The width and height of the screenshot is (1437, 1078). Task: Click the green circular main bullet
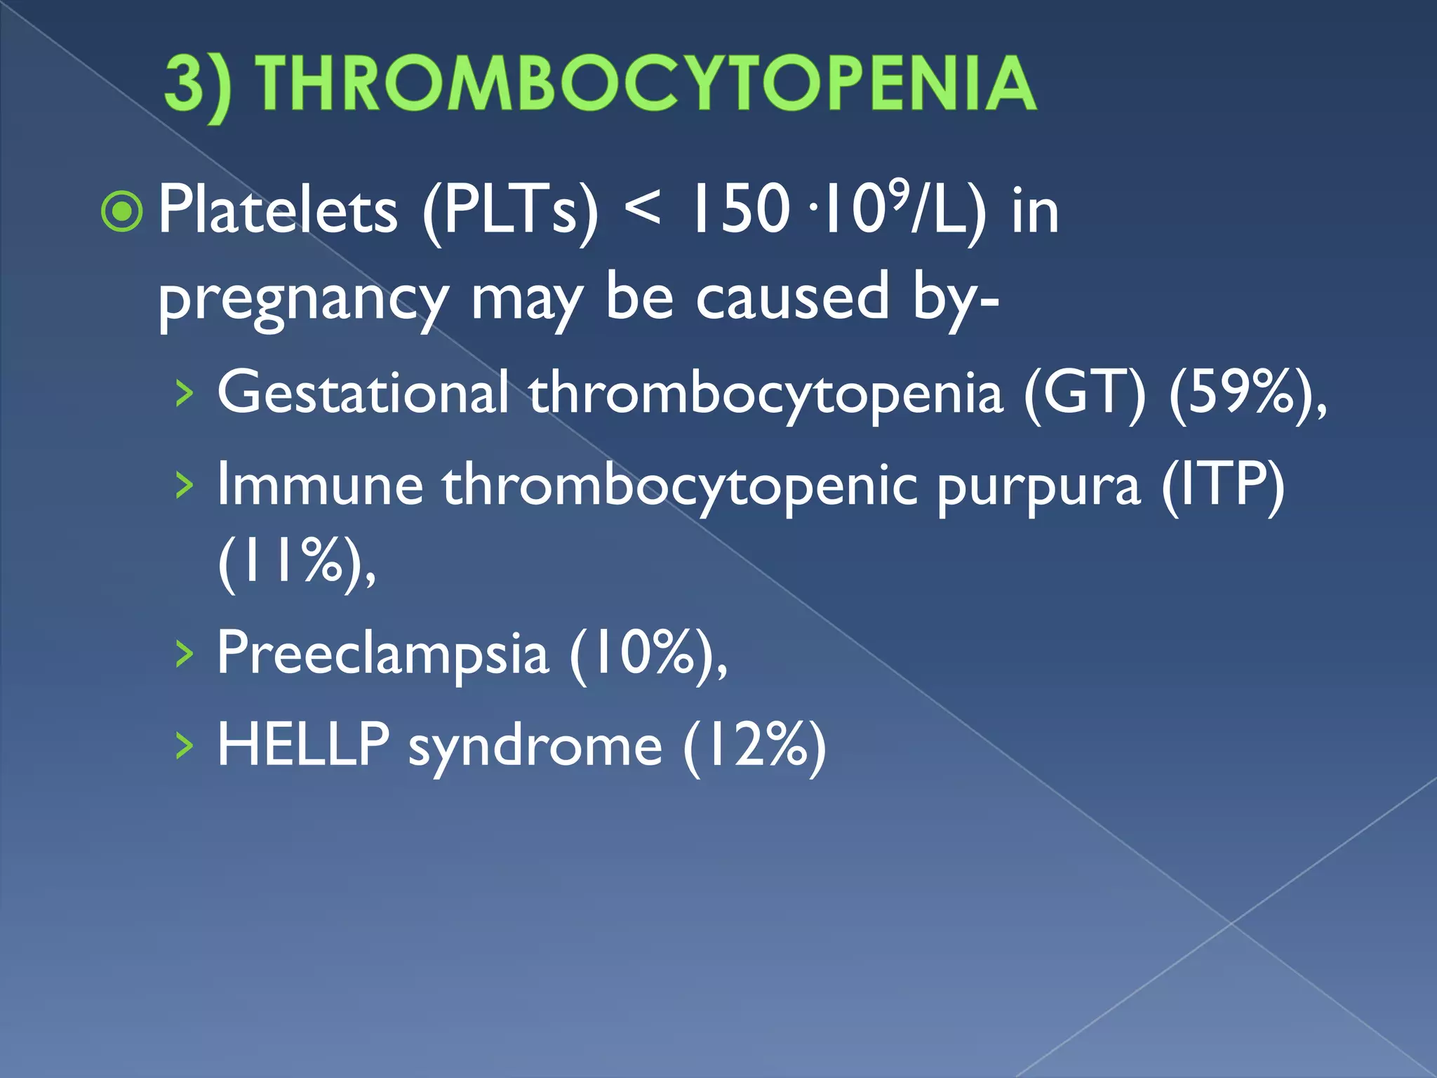[123, 211]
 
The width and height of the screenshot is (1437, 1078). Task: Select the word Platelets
[278, 210]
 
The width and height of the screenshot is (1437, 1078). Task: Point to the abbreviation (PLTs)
[511, 211]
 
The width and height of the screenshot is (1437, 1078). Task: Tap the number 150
[741, 210]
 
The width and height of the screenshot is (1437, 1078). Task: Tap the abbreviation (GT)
[1085, 394]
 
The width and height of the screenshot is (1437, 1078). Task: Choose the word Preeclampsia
[382, 653]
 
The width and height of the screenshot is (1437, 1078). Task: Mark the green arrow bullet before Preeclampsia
[184, 655]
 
